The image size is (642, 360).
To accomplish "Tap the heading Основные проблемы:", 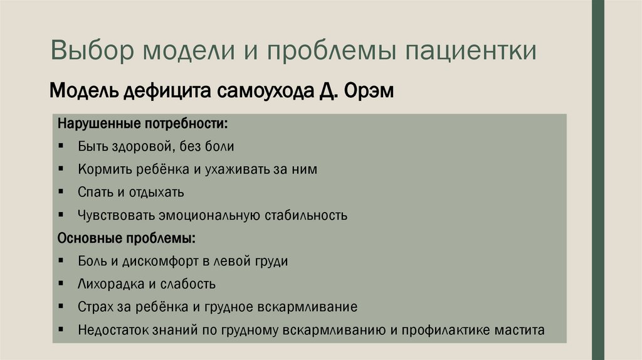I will [126, 238].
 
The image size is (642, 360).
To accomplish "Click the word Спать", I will [95, 193].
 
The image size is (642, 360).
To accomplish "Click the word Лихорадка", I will [110, 284].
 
